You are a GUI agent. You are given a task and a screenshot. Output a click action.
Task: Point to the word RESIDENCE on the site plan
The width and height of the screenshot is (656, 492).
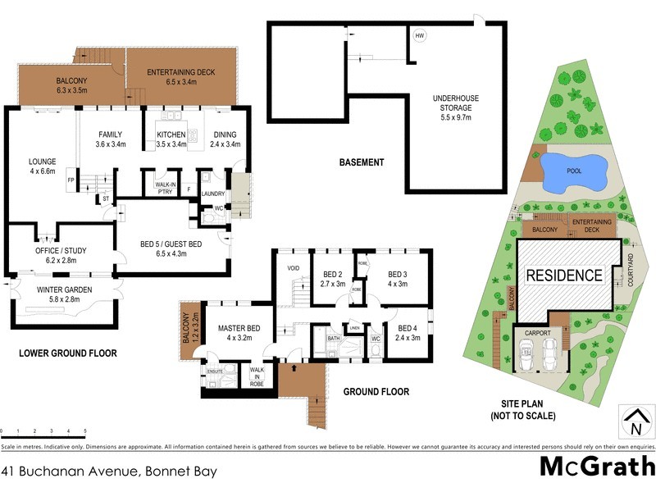[563, 276]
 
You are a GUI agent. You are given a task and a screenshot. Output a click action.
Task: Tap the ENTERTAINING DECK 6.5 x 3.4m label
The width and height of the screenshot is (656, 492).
[180, 78]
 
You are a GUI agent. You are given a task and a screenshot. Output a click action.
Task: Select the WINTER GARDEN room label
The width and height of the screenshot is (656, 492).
[65, 294]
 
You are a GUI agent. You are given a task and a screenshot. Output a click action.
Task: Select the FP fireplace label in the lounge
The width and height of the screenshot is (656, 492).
[71, 180]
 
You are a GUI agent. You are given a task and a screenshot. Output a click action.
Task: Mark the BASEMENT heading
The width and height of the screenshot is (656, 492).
[362, 162]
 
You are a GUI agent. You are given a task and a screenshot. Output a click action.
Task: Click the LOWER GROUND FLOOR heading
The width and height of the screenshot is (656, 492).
[68, 353]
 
